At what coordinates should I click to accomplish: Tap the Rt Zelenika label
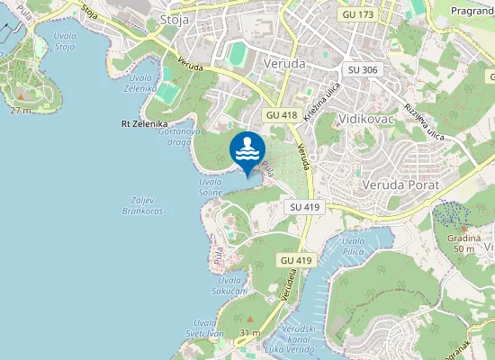coord(144,123)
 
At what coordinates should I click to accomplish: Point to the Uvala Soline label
coord(211,186)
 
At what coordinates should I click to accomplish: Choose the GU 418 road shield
coord(282,115)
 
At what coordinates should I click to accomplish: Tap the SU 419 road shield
coord(305,207)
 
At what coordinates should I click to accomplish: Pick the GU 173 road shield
coord(356,15)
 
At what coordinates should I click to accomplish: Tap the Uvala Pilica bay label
coord(353,247)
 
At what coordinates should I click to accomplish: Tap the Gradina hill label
coord(463,242)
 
